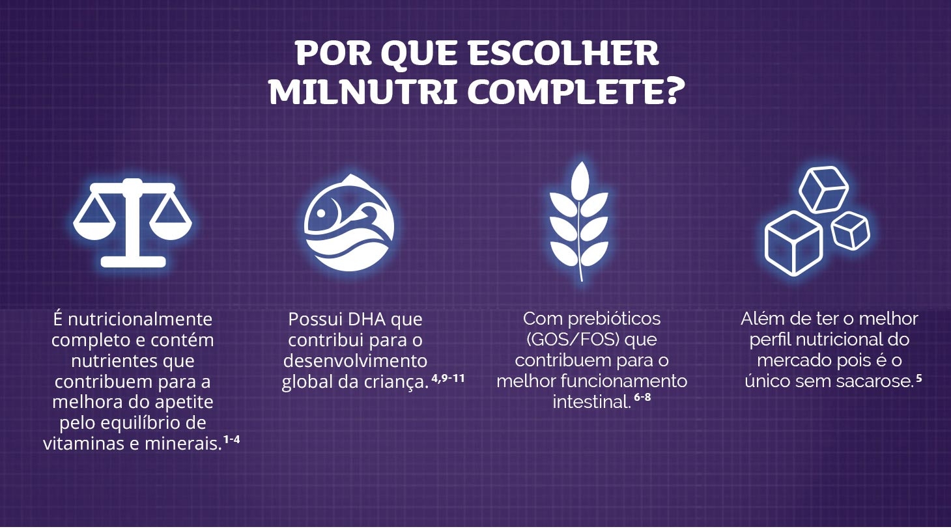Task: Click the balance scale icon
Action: click(132, 223)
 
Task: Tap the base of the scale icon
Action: click(133, 262)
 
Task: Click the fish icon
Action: click(349, 223)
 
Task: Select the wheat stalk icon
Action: click(579, 221)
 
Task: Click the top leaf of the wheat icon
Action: click(580, 179)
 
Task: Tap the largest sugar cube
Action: click(793, 243)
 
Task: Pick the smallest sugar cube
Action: click(851, 231)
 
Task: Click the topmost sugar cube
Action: click(823, 189)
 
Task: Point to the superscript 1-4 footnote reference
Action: click(231, 439)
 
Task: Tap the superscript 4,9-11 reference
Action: click(448, 377)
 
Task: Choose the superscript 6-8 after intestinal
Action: click(642, 398)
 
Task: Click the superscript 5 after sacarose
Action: click(918, 377)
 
